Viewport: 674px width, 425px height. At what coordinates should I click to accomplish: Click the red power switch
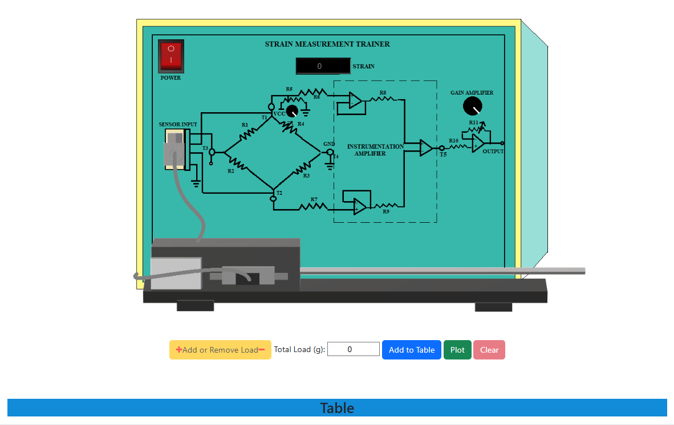coord(171,55)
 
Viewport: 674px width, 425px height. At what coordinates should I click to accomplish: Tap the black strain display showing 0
coord(323,66)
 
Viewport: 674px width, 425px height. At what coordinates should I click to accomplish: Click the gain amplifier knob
coord(473,106)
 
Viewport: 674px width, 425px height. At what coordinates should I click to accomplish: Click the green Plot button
coord(457,350)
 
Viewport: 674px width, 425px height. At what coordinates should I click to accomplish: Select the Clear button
coord(489,350)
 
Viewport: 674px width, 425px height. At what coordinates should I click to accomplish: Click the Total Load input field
coord(354,349)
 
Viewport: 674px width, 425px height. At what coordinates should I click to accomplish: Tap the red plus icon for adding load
coord(179,350)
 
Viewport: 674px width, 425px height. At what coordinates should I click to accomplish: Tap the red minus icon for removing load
coord(262,350)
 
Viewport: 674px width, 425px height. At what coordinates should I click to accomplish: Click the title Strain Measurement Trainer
coord(327,44)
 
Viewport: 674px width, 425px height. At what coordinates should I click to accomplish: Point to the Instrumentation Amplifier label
coord(375,150)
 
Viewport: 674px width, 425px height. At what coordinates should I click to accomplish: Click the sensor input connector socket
coord(175,149)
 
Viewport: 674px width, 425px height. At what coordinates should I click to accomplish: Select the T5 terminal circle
coord(442,148)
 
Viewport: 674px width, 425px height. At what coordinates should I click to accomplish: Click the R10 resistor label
coord(453,140)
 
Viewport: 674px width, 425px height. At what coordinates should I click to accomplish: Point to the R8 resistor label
coord(383,92)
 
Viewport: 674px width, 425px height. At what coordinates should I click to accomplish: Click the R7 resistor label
coord(314,199)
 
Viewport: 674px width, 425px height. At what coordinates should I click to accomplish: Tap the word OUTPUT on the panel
coord(493,152)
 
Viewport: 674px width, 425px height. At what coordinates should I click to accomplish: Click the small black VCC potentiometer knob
coord(292,111)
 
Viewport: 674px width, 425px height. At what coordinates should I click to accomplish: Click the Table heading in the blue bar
coord(337,408)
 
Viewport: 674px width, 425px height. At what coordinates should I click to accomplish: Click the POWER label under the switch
coord(170,78)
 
